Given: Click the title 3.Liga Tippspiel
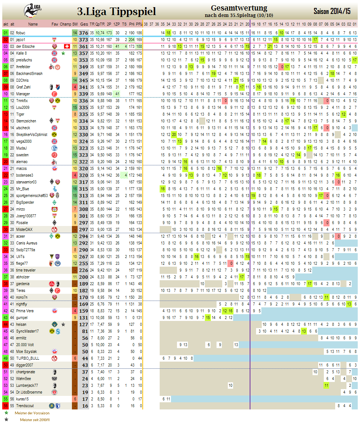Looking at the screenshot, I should [116, 11].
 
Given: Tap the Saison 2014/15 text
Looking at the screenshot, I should [331, 11].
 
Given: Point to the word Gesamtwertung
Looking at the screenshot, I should [239, 8].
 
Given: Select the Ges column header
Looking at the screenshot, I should [84, 24].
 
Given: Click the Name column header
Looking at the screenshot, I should [33, 24].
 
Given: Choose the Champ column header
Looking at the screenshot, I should [65, 24].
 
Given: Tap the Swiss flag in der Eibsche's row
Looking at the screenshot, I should [67, 46].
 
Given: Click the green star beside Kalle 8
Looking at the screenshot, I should [63, 53].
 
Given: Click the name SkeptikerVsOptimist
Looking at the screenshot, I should [32, 134].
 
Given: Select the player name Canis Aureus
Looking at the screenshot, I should [26, 243].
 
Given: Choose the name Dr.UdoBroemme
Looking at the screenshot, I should [29, 392].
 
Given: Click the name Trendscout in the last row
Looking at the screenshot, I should [24, 406].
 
